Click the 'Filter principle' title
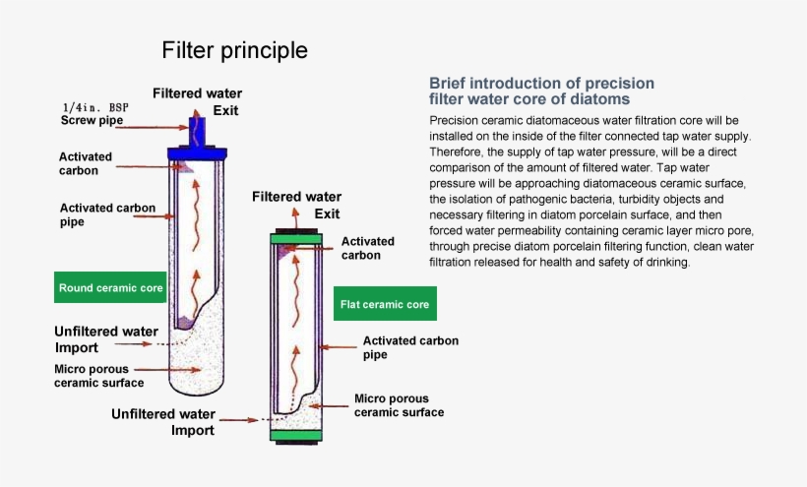click(234, 50)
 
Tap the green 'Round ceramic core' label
click(110, 288)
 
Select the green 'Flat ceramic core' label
click(385, 305)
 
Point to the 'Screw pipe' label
click(93, 121)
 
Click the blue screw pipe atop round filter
click(197, 130)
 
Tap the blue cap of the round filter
click(198, 152)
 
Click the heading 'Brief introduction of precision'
click(541, 83)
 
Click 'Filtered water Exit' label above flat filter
click(297, 205)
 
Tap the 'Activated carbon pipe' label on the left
click(99, 214)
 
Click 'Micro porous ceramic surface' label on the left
click(98, 376)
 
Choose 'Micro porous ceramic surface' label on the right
click(399, 406)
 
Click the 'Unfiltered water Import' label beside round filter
click(100, 339)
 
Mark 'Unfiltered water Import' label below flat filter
click(163, 422)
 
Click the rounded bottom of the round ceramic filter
click(198, 379)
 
